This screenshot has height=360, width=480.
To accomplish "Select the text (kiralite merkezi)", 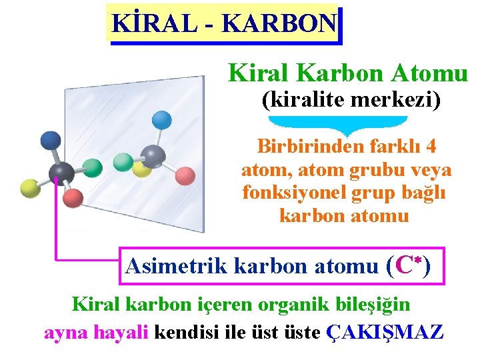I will coord(351,101).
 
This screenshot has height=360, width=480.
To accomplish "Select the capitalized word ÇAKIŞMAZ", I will coord(385,331).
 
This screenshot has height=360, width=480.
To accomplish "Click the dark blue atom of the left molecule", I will coord(50,139).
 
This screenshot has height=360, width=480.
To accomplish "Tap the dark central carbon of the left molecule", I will coord(61,173).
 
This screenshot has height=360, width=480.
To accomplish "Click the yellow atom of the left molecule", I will coord(30,189).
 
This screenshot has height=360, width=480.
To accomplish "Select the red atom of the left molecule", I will coord(73,198).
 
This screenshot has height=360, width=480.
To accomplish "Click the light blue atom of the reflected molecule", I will coord(162,120).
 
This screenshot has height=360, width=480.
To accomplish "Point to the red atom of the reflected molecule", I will coord(185,176).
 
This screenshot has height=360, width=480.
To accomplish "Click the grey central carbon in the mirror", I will coord(153,157).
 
